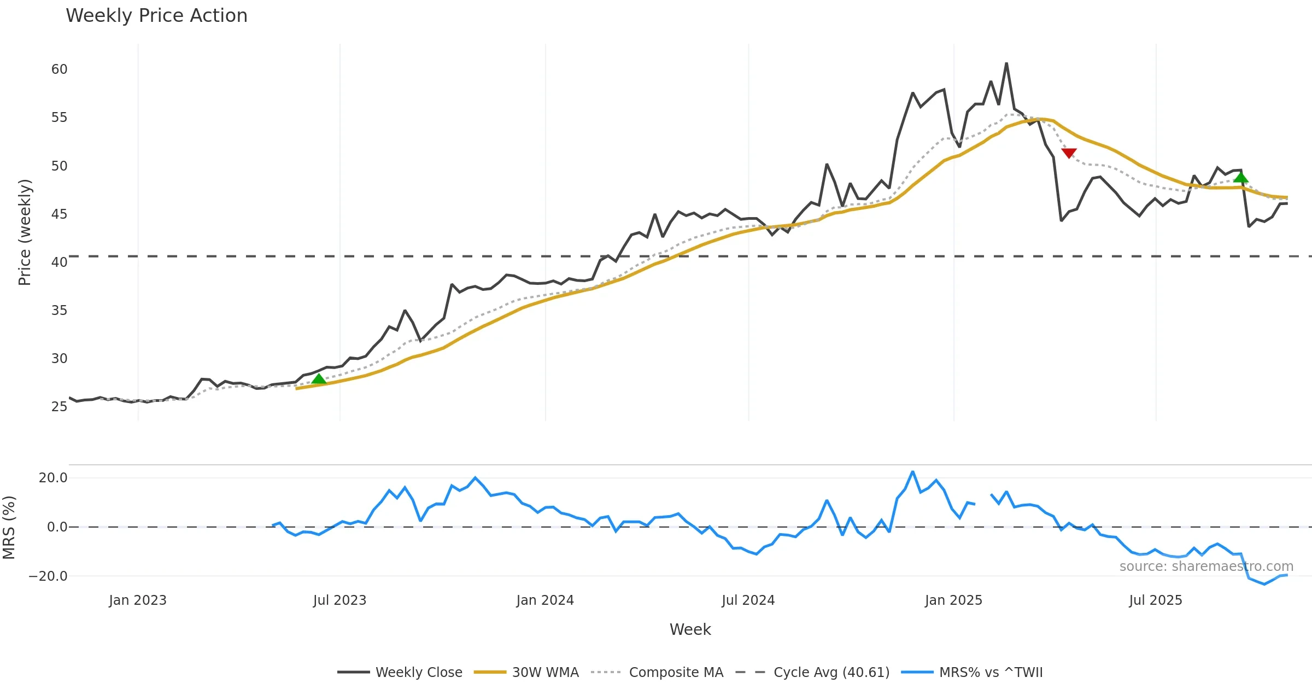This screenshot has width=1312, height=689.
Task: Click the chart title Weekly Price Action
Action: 156,16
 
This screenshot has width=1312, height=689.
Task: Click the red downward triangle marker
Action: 1069,153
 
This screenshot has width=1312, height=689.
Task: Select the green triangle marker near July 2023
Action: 319,378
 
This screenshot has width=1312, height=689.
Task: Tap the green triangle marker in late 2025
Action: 1241,177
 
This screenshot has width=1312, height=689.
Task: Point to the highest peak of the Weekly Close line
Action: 1006,63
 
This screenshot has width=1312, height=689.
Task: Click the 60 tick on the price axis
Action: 59,69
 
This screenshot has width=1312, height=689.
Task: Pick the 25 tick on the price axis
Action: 59,407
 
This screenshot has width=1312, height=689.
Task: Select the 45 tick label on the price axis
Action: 59,214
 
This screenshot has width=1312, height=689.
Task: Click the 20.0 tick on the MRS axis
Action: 53,478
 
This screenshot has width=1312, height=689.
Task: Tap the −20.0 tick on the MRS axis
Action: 48,576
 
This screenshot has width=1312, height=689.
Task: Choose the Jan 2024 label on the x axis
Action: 545,600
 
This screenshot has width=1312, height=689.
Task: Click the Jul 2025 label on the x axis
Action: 1156,600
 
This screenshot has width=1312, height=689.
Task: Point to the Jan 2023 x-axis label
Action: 138,600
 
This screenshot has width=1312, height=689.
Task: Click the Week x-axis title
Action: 690,630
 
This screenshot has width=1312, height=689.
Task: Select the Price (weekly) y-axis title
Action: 25,232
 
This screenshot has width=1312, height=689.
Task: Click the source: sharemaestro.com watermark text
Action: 1206,567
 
